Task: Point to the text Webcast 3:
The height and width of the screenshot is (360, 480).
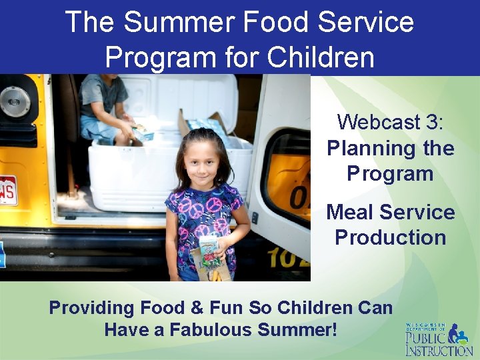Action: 390,122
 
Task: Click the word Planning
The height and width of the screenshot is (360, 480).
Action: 367,148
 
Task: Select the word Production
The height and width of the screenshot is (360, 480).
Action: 390,237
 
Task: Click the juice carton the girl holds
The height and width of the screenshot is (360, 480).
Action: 209,251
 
